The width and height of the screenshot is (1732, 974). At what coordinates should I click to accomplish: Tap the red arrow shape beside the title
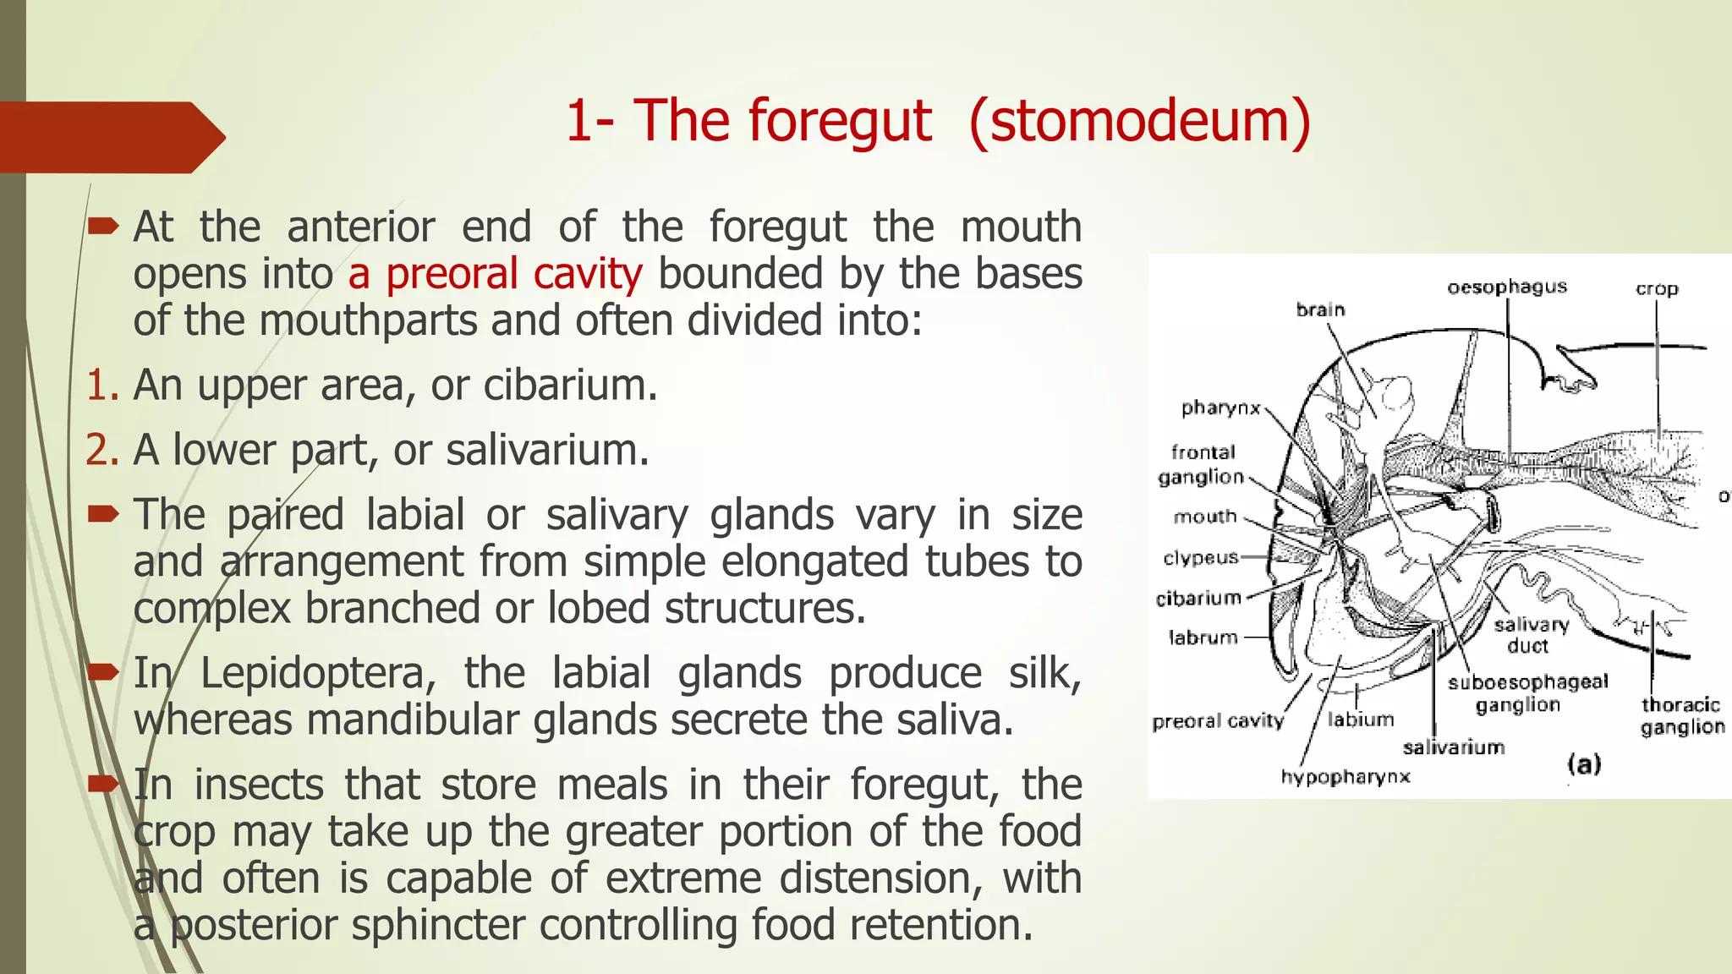(110, 137)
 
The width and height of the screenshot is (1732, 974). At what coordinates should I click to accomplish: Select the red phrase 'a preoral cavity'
(495, 274)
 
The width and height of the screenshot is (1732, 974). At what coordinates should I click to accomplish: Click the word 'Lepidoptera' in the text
(318, 674)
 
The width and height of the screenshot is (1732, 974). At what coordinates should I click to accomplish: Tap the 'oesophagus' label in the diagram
(1507, 287)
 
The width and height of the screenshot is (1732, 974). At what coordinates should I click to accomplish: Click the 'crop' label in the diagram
(1656, 289)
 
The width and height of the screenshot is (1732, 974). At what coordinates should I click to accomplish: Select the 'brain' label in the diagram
(1320, 309)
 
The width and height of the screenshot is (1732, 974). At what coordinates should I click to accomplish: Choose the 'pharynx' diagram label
(1220, 408)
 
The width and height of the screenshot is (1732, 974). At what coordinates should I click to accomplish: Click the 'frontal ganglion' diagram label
(1202, 465)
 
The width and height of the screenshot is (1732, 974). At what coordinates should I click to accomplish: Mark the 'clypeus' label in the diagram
(1200, 558)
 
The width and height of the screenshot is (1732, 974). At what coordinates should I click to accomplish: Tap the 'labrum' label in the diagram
(1203, 637)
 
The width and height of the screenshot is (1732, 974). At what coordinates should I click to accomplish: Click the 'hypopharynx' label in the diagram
(1345, 777)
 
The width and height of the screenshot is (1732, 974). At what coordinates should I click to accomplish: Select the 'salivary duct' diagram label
(1531, 635)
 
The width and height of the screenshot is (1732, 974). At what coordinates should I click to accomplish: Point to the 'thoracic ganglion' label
(1681, 716)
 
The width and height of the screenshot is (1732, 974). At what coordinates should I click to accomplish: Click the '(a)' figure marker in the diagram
(1584, 765)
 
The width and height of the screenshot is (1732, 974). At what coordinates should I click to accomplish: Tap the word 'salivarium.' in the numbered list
(547, 450)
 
